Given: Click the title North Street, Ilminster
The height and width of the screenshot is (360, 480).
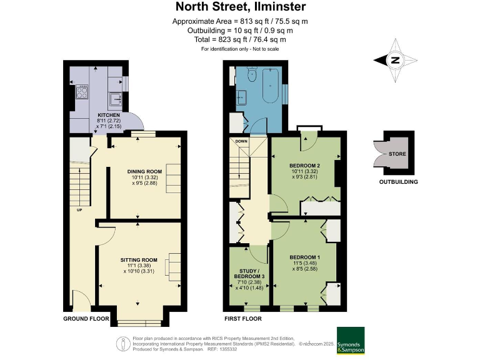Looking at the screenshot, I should pos(240,7).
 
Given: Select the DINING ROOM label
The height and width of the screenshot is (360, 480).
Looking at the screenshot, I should pos(144,171).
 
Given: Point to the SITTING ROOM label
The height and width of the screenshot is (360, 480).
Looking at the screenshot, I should pos(138,259).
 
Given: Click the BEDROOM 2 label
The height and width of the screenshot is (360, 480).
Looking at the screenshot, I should pos(304,165).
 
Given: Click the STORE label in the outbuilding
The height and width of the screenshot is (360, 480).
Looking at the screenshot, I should pos(397,153).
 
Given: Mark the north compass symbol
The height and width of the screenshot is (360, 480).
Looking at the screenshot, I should pos(394,61).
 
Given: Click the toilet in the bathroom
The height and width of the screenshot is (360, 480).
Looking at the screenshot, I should pos(252,75).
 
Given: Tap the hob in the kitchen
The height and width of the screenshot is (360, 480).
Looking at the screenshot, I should pos(82,93).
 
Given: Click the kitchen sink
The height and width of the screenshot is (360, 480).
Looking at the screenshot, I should pos(115,99).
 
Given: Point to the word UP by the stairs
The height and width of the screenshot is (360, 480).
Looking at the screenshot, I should pos(79,209).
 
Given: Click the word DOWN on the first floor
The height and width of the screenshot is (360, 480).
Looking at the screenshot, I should pos(241,141).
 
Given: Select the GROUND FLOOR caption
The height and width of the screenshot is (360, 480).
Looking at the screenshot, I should pos(86,319).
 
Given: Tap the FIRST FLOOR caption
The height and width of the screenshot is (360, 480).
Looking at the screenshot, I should pos(242,319).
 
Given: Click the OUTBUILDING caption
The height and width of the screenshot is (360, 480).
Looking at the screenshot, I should pos(398,182).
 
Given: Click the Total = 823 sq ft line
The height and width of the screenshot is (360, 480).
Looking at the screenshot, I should pos(240,39).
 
